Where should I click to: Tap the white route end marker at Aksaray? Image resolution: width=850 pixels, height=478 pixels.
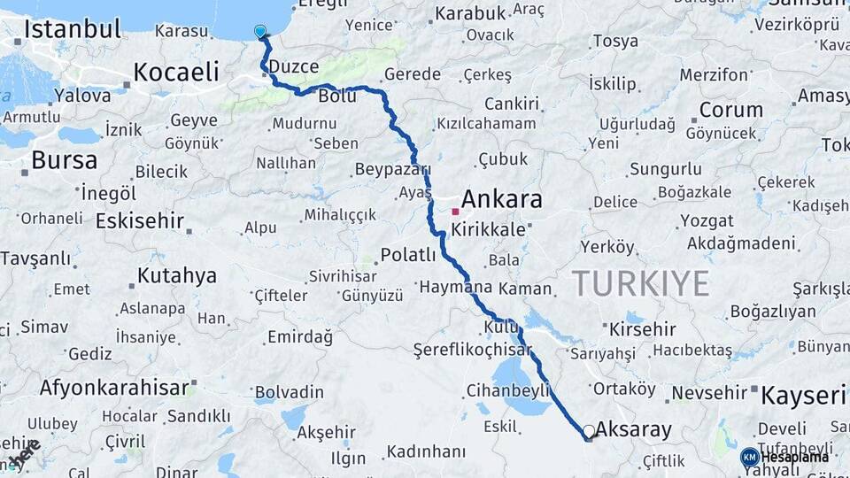pos(589,432)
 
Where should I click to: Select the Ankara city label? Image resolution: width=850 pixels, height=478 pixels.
pos(501,198)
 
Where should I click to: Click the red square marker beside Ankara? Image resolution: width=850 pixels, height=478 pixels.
pos(455,212)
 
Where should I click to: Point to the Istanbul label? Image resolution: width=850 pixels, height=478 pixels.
pos(73,29)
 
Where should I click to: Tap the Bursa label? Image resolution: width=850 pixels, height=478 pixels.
pos(64,161)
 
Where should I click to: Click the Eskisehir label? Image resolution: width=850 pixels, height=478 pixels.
pos(139,220)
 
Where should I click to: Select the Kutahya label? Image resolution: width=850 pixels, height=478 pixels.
pos(177,275)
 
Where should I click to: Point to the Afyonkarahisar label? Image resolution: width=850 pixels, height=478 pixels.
pos(114,387)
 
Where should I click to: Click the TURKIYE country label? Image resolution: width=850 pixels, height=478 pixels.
pos(640,283)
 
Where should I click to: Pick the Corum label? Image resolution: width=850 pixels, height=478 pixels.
pos(730,111)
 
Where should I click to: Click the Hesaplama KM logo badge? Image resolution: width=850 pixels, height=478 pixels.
pos(749,457)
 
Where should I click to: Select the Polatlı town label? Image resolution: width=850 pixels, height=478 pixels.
pos(408,255)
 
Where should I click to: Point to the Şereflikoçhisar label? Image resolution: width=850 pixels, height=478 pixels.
pos(473,350)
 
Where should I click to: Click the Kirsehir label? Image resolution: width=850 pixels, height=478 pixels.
pos(643,328)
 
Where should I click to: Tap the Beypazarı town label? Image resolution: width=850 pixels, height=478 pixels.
pos(392,169)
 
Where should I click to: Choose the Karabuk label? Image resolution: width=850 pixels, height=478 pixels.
pos(469,13)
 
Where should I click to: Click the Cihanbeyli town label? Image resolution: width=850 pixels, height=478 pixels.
pos(508,389)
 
